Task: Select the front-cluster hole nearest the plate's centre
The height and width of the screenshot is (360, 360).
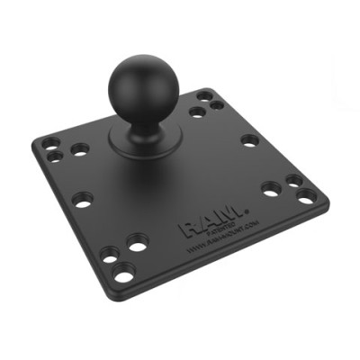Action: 138,241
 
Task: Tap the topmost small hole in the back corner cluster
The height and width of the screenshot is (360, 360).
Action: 207,94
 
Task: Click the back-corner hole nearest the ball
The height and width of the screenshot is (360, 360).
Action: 196,111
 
